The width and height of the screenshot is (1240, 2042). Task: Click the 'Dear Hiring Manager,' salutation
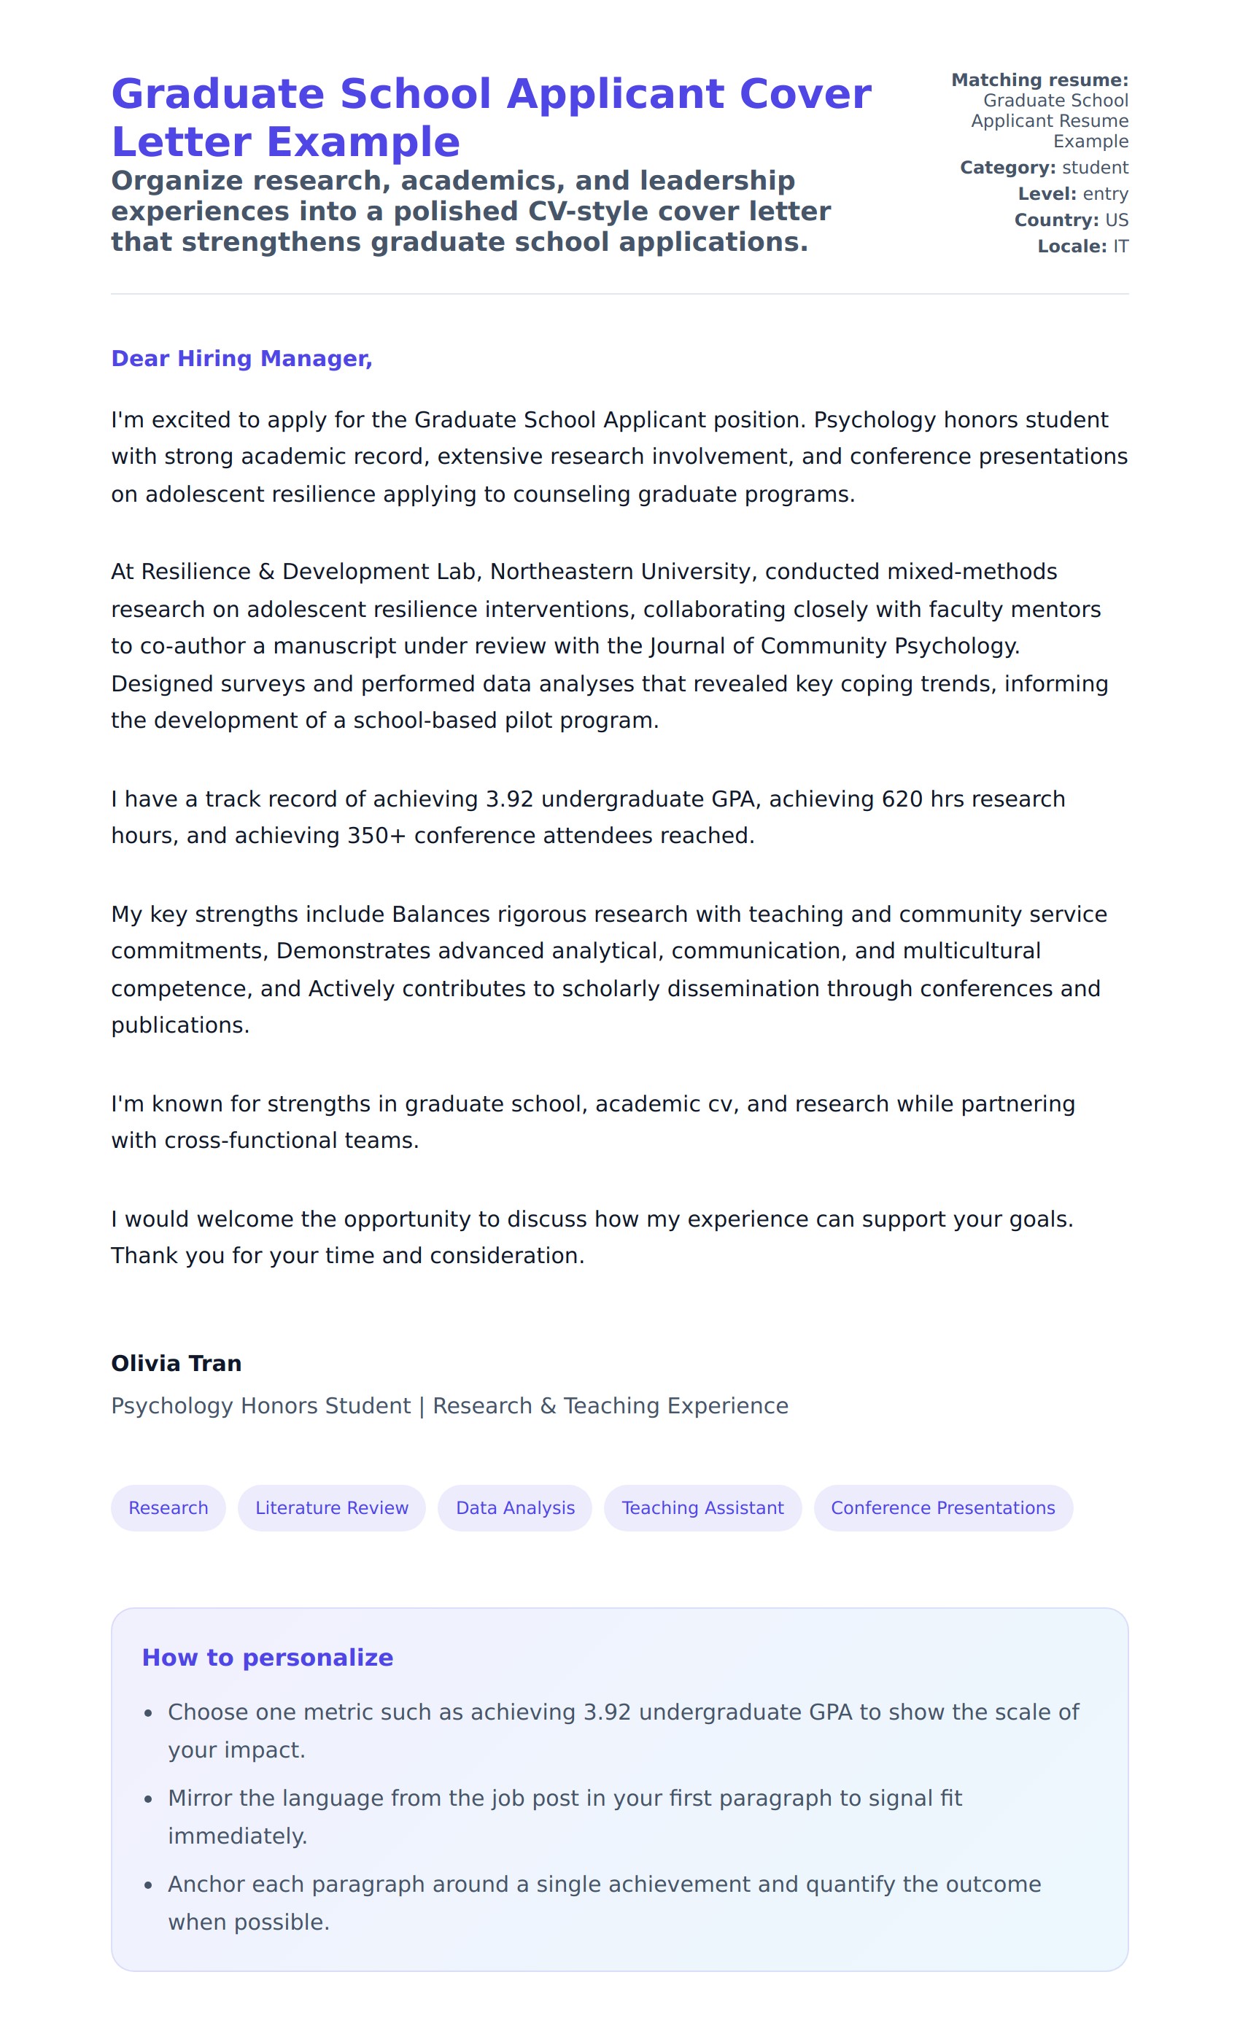pos(241,358)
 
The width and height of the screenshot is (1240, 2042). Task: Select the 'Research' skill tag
pos(168,1507)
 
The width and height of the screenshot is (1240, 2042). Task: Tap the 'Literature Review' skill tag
pos(332,1507)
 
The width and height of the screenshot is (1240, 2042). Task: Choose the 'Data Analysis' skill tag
pos(515,1507)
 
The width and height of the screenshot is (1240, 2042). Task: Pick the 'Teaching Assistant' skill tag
pos(702,1507)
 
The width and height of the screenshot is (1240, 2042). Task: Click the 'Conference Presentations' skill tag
pos(942,1507)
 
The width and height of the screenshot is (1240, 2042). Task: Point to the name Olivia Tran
pos(177,1363)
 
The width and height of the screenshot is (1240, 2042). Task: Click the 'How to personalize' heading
pos(268,1658)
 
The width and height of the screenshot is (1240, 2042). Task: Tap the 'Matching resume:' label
pos(1039,80)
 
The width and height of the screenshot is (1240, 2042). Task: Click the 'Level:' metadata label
pos(1047,194)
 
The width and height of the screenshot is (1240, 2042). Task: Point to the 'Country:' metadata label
pos(1056,220)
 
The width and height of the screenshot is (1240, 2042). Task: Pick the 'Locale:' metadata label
pos(1072,246)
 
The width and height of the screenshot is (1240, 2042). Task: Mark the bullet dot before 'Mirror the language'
pos(148,1799)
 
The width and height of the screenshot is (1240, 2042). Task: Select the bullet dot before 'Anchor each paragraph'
pos(148,1885)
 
